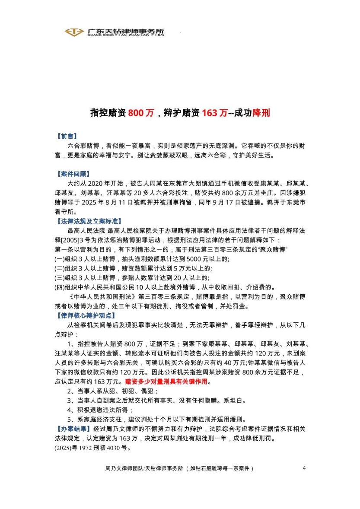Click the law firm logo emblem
click(73, 32)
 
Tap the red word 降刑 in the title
click(261, 113)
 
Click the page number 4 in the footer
click(304, 468)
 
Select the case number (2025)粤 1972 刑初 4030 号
click(92, 448)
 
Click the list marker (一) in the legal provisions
click(59, 259)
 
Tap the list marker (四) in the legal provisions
click(59, 287)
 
